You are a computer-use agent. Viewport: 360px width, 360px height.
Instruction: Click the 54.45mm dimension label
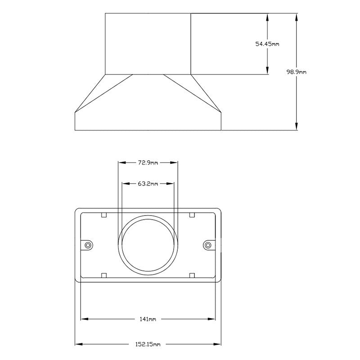click(267, 44)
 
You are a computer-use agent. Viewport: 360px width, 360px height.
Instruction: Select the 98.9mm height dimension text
click(297, 72)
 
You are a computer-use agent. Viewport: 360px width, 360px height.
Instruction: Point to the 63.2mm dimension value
click(148, 184)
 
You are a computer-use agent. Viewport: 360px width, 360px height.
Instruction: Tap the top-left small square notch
click(103, 215)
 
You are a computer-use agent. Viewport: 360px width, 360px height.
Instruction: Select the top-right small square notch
click(192, 215)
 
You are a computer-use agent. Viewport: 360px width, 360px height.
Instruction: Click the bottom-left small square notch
click(103, 275)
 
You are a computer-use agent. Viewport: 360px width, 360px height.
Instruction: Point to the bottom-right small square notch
click(192, 275)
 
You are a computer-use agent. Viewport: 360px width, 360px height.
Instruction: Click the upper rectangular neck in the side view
click(148, 44)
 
